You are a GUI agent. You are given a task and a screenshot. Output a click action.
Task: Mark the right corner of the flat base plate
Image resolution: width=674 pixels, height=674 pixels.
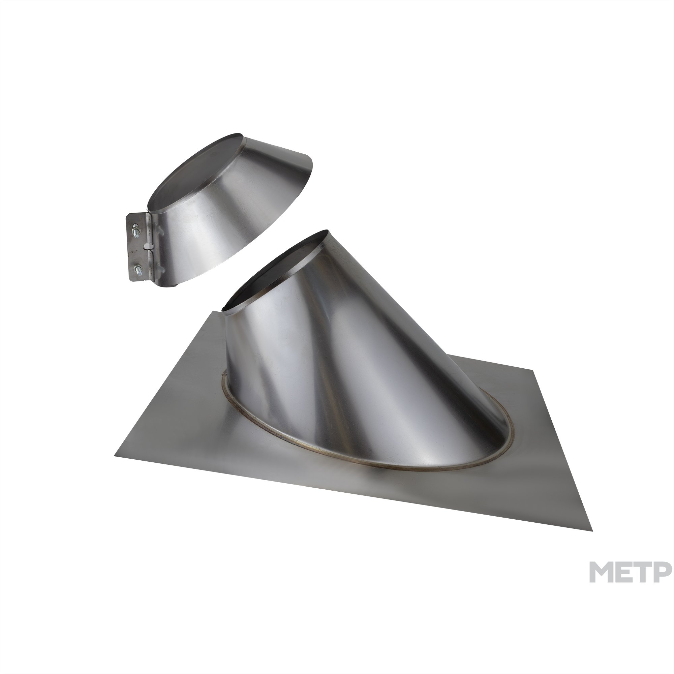point(592,531)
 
